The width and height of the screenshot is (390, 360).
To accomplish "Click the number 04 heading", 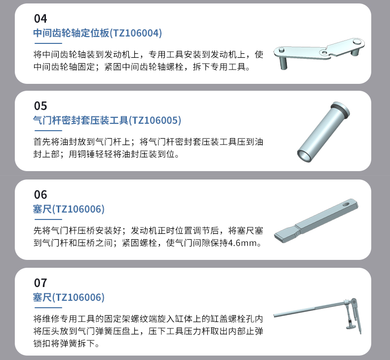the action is pos(40,19).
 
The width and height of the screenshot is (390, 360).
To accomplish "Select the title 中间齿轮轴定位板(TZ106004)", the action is pos(98,33).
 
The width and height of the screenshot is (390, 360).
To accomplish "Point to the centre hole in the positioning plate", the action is pos(323,53).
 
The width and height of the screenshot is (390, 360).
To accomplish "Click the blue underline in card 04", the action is pos(48,43).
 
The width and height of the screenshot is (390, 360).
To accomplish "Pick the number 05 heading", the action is pos(40,106).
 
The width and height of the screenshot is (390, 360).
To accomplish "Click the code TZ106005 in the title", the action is pos(155,120).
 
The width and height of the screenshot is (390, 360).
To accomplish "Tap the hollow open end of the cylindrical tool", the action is pos(305,156).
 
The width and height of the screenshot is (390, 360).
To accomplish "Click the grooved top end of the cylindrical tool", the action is pos(341,108).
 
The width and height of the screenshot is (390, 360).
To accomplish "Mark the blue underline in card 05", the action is pos(48,130).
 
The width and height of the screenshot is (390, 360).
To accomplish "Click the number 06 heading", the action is pos(40,194).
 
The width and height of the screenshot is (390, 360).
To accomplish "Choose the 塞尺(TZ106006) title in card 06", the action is pos(69,209).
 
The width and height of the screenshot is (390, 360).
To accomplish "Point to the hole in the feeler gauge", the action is pos(346,205).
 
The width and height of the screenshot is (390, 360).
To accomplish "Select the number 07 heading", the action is pos(40,283).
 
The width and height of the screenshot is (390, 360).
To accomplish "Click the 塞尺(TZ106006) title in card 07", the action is pos(69,297).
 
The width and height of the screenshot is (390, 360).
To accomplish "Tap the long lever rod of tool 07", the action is pos(309,309).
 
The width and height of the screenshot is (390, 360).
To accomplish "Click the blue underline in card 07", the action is pos(48,308).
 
